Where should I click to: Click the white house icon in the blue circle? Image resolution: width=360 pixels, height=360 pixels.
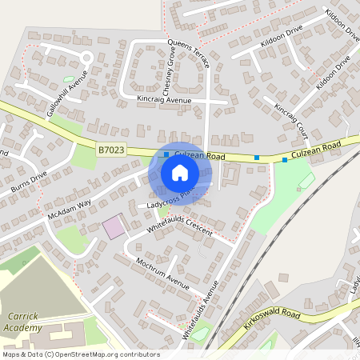pos(180,173)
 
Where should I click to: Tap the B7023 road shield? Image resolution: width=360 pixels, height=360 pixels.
pos(113,150)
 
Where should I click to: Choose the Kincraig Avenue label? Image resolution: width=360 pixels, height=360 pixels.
pos(164,100)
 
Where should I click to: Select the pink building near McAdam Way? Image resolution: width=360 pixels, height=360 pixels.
pos(114,226)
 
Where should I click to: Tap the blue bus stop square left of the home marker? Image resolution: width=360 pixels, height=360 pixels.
pos(166,154)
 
